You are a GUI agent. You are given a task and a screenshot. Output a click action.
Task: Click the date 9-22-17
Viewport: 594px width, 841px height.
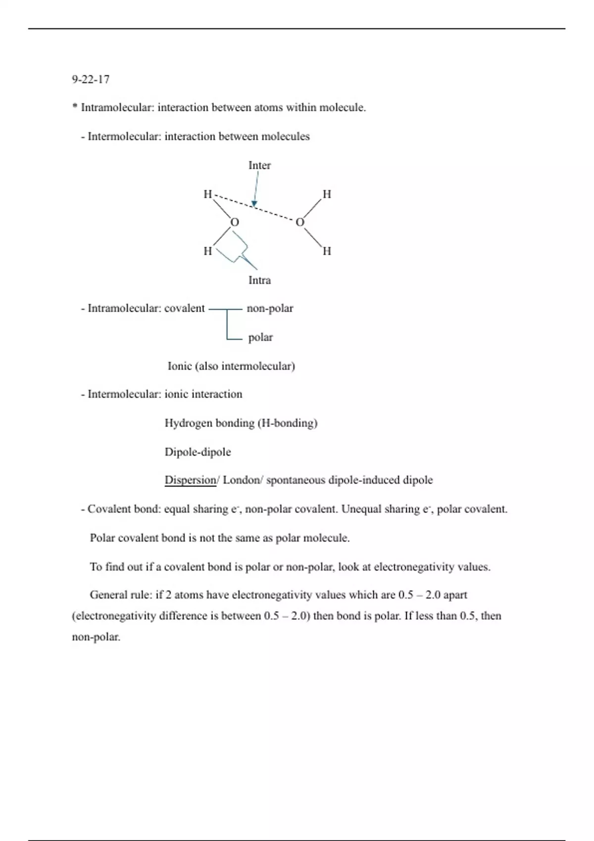[x=91, y=79]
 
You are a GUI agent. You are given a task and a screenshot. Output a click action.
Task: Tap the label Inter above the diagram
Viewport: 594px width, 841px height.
[x=259, y=165]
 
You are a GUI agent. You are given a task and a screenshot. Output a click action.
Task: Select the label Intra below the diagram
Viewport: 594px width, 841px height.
[x=259, y=280]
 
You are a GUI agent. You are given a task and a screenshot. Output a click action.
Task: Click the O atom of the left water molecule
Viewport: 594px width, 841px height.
[x=235, y=223]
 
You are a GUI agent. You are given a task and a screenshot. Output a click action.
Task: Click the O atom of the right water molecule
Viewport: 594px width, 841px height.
[x=299, y=223]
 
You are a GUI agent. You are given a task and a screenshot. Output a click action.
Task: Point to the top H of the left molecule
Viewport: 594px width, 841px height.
[x=208, y=194]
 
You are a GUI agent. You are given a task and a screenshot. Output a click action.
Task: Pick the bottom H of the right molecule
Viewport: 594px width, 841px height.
[x=327, y=251]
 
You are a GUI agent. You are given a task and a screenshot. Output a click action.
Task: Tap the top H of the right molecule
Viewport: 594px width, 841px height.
[x=327, y=194]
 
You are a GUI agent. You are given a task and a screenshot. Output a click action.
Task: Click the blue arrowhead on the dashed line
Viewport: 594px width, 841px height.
[x=254, y=203]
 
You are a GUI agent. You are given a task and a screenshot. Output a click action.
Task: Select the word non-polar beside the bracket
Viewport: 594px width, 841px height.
[x=270, y=309]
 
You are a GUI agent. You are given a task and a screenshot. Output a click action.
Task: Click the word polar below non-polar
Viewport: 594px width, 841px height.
[x=260, y=337]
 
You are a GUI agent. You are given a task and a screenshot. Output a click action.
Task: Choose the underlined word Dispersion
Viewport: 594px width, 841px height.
[x=190, y=480]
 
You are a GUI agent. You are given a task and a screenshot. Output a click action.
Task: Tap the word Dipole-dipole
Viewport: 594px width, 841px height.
[x=198, y=452]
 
